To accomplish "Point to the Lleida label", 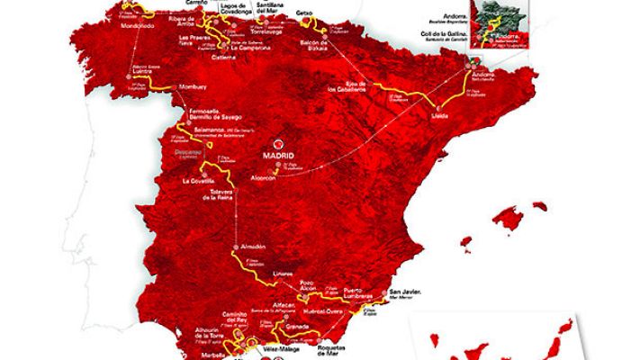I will [x=417, y=117].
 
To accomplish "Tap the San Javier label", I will [x=406, y=292].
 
